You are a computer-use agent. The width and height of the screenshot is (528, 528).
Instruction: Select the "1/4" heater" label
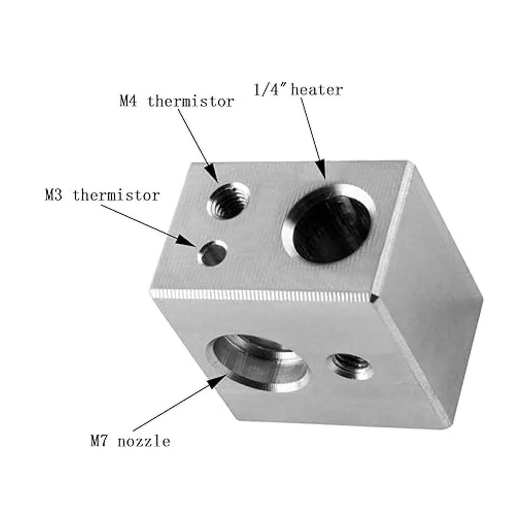tap(298, 90)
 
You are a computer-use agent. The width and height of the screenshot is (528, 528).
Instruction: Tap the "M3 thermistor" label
tap(102, 194)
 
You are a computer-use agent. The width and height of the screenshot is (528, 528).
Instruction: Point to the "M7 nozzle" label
tap(130, 441)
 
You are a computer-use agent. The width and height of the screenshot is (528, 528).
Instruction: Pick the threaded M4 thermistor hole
tap(227, 201)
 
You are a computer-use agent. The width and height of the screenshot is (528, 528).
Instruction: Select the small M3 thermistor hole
tap(212, 253)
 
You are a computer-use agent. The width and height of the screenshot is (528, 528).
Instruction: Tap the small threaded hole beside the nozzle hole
tap(348, 366)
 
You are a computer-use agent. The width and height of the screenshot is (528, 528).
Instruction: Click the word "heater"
tap(316, 90)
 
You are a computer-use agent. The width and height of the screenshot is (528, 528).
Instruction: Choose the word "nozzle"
tap(143, 441)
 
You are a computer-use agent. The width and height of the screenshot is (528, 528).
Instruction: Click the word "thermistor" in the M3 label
tap(116, 194)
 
